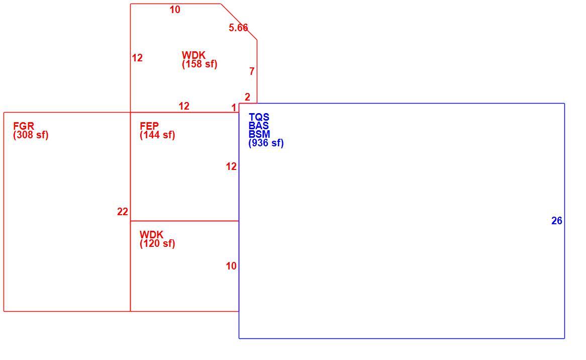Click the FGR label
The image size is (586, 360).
24,126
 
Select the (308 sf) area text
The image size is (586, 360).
31,135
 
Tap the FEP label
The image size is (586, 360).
149,126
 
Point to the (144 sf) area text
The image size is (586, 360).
157,135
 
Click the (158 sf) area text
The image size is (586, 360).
200,64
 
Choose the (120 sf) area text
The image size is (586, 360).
157,244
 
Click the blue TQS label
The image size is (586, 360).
259,117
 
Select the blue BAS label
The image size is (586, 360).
259,126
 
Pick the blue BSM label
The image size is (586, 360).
259,134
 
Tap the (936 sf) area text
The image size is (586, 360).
266,143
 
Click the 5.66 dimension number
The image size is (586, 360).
238,28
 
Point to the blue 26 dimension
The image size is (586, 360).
557,221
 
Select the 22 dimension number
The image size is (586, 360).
123,212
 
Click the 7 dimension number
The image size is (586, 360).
252,71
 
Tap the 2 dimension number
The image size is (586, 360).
247,97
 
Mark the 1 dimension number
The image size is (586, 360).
234,108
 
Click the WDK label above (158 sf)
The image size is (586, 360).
193,55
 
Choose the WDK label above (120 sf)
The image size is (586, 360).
151,235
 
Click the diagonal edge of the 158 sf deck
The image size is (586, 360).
239,22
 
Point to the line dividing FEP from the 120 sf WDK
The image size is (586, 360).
184,221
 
